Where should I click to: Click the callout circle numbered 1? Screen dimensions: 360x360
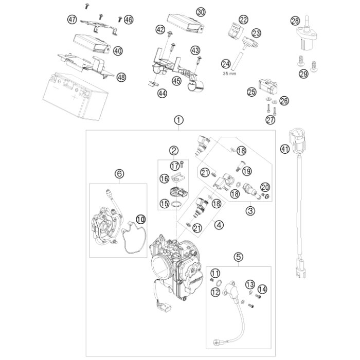pos(179,120)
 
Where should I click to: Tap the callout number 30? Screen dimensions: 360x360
pos(201,12)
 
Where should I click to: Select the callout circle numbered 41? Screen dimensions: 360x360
pos(285,150)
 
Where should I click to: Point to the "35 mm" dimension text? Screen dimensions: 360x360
pos(229,74)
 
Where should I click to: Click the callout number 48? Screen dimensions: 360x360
pos(121,77)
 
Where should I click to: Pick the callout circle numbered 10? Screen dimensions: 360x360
pos(141,219)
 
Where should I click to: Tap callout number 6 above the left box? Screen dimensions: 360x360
pos(119,174)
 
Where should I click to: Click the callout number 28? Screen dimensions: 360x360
pos(295,21)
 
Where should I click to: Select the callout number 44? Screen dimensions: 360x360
pos(163,93)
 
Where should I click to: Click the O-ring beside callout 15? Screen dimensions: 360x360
pos(176,204)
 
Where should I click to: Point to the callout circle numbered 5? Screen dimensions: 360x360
pos(239,257)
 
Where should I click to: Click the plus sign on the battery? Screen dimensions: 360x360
pos(75,98)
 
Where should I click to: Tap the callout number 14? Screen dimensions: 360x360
pos(262,289)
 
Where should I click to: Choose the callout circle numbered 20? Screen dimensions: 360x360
pos(265,187)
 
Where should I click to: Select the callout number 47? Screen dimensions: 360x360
pos(72,20)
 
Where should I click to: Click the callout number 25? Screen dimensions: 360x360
pos(251,92)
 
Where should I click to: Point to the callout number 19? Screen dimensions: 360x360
pos(247,171)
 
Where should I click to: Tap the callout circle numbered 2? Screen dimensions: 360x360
pos(174,150)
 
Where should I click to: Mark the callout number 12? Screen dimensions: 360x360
pos(215,292)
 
